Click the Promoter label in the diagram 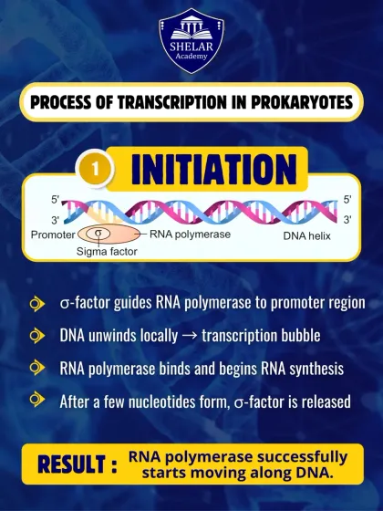53,235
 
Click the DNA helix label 305,235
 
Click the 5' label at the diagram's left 57,199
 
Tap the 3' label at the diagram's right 347,220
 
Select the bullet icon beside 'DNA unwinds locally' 36,335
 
